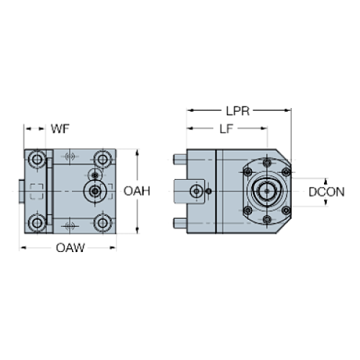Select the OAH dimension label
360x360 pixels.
coord(137,191)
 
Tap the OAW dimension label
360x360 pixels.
coord(71,248)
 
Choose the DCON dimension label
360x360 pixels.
coord(326,192)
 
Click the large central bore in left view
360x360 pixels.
coord(94,191)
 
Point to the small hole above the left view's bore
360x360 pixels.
coord(94,174)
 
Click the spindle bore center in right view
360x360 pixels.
coord(265,192)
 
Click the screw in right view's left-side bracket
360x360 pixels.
coord(196,192)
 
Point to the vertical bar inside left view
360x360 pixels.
coord(49,191)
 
